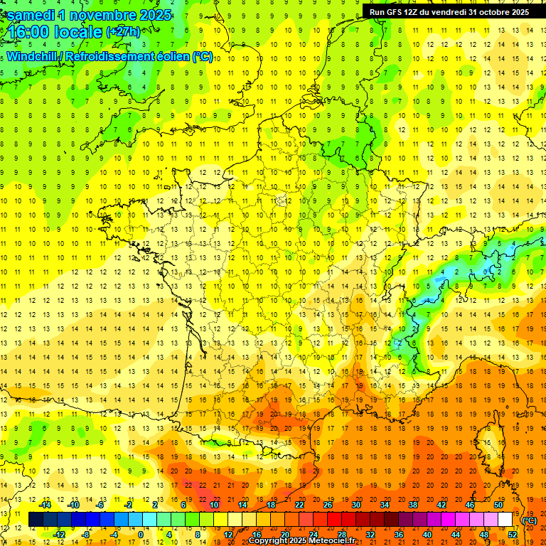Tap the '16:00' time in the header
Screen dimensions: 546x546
tap(29, 32)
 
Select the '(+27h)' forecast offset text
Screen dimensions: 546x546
tap(122, 32)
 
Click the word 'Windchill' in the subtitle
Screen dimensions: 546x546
tap(34, 56)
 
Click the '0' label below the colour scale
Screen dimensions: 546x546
tap(140, 535)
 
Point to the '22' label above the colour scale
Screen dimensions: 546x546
tap(299, 505)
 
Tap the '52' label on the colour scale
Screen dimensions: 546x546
tap(512, 535)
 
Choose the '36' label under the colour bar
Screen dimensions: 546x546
tap(398, 535)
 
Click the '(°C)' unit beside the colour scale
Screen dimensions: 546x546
tap(529, 520)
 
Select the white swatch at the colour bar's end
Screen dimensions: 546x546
tap(505, 520)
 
